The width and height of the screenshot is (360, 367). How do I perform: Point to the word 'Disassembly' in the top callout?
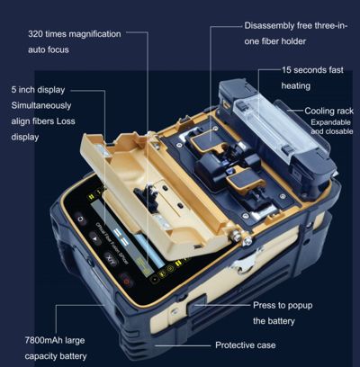tap(270, 25)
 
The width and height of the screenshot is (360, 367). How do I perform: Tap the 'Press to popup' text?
tap(283, 305)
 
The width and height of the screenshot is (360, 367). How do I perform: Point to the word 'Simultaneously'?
tap(42, 106)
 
